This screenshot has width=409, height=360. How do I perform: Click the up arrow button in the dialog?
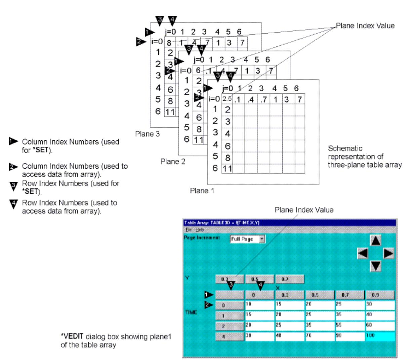point(375,240)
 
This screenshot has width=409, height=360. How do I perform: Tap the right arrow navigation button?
point(388,253)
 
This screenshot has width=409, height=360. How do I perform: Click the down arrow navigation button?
point(375,266)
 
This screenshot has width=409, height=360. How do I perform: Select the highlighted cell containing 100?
point(380,336)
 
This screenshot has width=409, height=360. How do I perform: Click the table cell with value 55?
point(350,326)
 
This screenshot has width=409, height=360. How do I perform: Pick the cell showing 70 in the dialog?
point(320,336)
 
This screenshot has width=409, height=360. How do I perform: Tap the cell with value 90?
point(350,336)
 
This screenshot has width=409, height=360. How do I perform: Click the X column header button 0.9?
point(380,295)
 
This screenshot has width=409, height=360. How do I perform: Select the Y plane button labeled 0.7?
point(290,279)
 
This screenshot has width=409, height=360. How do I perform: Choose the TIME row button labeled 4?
point(230,336)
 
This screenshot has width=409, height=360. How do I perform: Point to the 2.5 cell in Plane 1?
point(227,99)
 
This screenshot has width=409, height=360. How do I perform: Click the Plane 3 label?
point(147,134)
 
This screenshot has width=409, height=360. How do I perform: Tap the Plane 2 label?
point(173,162)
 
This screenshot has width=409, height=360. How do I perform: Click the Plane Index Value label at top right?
point(365,26)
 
